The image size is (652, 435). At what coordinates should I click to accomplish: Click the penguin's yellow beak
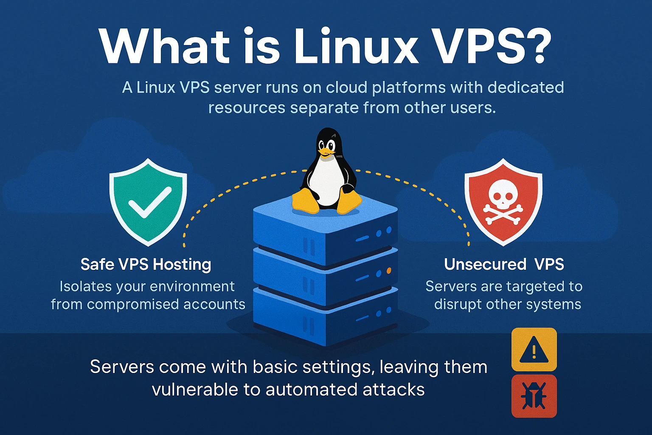325,151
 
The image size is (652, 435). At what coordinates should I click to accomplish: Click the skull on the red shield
503,195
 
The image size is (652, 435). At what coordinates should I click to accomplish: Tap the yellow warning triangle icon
534,350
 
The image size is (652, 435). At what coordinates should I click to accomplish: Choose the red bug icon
534,396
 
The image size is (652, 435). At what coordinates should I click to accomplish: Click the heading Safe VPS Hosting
146,264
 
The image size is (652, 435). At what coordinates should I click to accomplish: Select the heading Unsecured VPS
504,264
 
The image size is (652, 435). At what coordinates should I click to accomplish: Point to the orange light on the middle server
389,271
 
